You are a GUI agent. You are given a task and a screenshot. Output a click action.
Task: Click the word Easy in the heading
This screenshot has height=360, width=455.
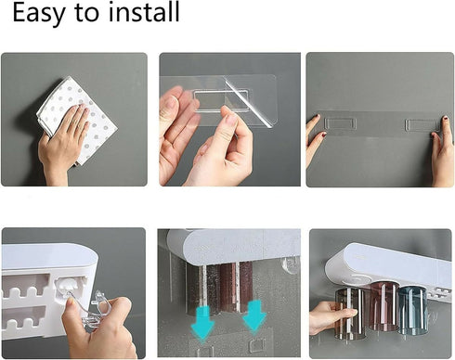pos(41,16)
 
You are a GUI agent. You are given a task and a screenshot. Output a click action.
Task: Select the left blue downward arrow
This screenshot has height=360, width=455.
pos(201,322)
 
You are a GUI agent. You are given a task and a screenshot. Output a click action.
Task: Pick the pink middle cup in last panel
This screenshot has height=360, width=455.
pos(381,307)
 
